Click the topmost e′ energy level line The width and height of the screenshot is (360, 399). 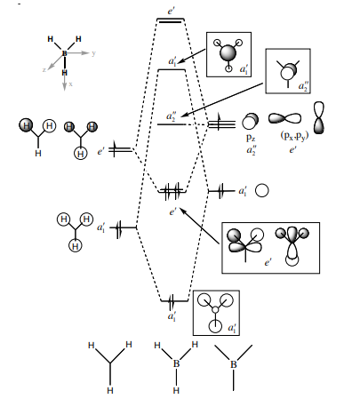click(x=171, y=20)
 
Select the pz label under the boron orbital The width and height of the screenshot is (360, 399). click(x=251, y=138)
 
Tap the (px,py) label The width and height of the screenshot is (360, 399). click(x=294, y=136)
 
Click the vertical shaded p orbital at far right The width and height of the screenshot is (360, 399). click(x=319, y=118)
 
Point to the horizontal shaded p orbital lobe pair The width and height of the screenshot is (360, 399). click(x=284, y=118)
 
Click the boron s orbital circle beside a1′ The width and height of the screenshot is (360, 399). click(x=262, y=190)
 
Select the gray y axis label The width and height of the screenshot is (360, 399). click(x=93, y=53)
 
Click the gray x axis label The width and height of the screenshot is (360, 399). click(x=70, y=84)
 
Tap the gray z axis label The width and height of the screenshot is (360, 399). click(x=44, y=70)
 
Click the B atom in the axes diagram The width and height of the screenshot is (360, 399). click(x=64, y=53)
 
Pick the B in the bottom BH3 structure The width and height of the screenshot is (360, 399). click(x=176, y=363)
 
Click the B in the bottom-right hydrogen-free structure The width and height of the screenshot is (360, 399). click(x=234, y=364)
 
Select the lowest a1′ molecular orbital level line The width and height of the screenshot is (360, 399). click(x=174, y=301)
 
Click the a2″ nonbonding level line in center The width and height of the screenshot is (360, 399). click(x=172, y=124)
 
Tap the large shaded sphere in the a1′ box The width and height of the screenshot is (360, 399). click(x=228, y=53)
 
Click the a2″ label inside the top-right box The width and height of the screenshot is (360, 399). click(x=303, y=86)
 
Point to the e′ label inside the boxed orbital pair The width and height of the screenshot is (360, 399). click(x=268, y=262)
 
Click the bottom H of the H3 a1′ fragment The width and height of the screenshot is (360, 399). click(x=76, y=246)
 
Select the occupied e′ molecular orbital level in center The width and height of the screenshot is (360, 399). click(x=172, y=191)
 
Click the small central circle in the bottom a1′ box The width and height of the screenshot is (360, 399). click(x=215, y=310)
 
